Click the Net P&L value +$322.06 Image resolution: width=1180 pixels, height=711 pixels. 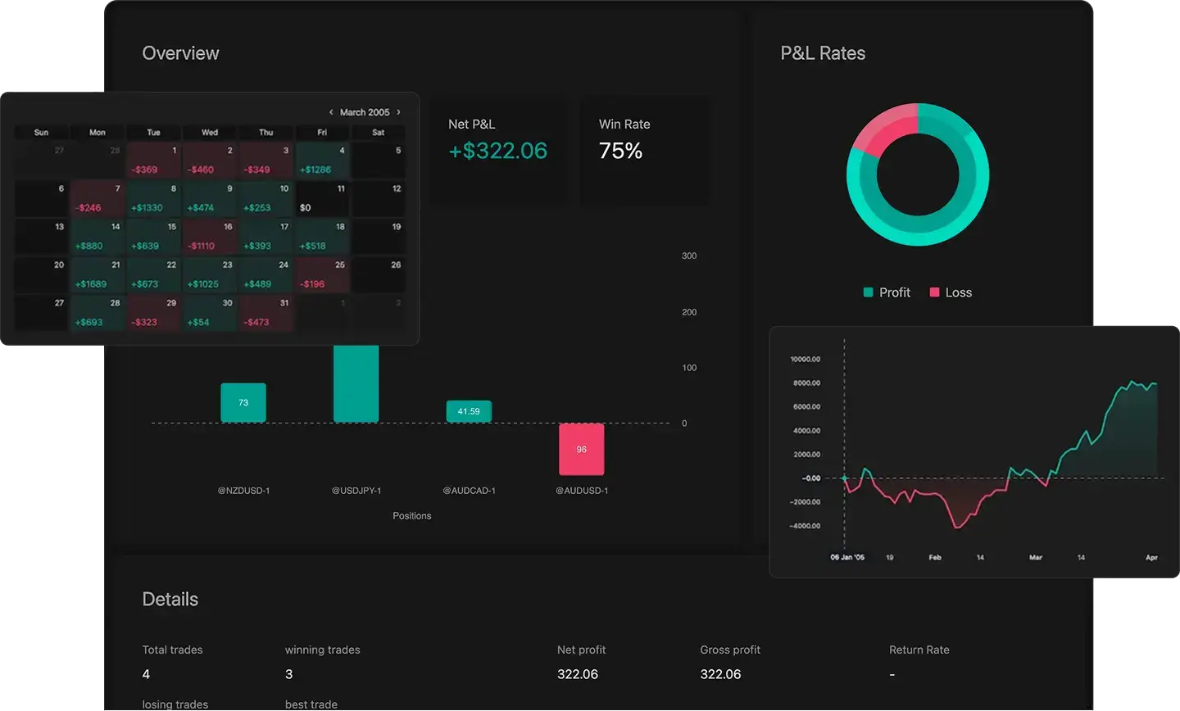pyautogui.click(x=497, y=151)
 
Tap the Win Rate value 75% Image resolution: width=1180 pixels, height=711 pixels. pyautogui.click(x=620, y=151)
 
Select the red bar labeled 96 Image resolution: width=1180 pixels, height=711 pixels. pyautogui.click(x=582, y=449)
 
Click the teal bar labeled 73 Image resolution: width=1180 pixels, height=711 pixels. pyautogui.click(x=243, y=402)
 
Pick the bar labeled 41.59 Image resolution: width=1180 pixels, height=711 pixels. pyautogui.click(x=469, y=411)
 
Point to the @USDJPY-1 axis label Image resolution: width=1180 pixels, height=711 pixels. pyautogui.click(x=356, y=491)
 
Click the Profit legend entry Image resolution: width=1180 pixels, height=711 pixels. pyautogui.click(x=887, y=292)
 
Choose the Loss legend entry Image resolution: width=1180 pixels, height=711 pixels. pyautogui.click(x=951, y=292)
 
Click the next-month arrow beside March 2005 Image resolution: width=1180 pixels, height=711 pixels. pyautogui.click(x=399, y=112)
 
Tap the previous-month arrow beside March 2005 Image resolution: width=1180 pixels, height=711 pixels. pyautogui.click(x=331, y=112)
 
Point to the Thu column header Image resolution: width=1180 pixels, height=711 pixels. pyautogui.click(x=266, y=132)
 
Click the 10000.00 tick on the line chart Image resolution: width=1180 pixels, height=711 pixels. pyautogui.click(x=805, y=359)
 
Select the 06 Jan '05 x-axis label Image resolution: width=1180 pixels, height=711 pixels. pyautogui.click(x=847, y=557)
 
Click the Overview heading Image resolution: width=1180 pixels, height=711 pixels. pyautogui.click(x=180, y=53)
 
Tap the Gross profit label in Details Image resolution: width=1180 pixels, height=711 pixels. pyautogui.click(x=730, y=650)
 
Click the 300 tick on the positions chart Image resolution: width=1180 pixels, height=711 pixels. pyautogui.click(x=689, y=256)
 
